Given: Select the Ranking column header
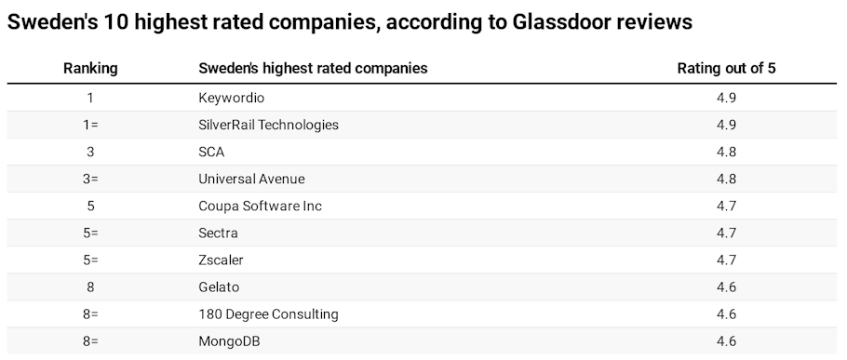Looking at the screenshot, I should coord(90,69).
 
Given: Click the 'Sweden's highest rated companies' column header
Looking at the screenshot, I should coord(313,69).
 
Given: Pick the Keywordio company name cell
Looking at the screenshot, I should coord(232,97).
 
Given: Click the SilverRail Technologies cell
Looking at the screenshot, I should coord(268,125).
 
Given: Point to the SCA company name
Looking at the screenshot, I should coord(212,152).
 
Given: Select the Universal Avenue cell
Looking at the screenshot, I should coord(251,179).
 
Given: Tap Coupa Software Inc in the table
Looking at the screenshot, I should coord(260,206).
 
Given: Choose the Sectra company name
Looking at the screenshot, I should coord(218,233).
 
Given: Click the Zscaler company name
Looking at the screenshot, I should coord(221,260).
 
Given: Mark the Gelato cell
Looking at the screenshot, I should coord(219,287).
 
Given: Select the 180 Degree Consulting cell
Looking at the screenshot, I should coord(268,314).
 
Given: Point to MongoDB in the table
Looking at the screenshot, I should coord(229,341).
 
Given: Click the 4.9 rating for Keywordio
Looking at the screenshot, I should coord(726,97).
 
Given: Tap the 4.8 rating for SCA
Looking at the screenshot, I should coord(726,152).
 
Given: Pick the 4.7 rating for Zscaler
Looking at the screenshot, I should coord(726,260).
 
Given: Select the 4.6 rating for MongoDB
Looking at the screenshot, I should coord(726,341).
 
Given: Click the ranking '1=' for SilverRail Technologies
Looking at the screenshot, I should coord(90,125).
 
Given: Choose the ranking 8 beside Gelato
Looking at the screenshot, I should coord(90,287).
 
